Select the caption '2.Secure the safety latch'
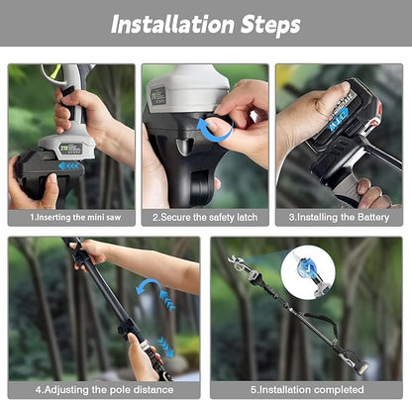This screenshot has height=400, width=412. coord(205,216)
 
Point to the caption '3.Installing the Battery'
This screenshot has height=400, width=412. coord(339,216)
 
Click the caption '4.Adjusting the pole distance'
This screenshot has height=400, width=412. coord(104,389)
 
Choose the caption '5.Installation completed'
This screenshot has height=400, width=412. coord(306,389)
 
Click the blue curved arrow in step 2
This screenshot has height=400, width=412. coord(214,130)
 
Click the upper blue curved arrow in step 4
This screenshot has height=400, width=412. coord(151,291)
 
